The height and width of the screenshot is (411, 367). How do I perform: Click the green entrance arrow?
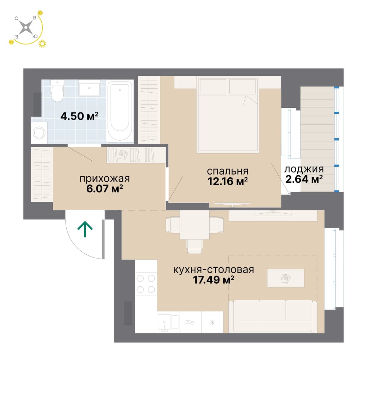85,229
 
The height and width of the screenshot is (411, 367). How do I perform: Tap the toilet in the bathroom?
57,90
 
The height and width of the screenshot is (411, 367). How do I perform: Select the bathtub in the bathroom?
120,111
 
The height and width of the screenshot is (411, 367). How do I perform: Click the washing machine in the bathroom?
39,133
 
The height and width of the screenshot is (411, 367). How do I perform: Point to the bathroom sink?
89,88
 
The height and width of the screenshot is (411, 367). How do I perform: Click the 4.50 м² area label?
80,116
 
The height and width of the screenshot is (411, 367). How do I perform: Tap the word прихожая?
105,179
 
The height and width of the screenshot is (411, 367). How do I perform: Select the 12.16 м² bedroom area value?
228,181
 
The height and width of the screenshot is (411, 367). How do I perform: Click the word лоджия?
304,169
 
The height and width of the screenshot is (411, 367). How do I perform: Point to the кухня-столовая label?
213,270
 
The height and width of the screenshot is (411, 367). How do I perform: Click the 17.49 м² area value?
213,280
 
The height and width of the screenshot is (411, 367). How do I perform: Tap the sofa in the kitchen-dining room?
273,316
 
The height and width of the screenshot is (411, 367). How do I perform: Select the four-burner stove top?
146,284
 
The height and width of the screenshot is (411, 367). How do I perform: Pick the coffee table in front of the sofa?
285,278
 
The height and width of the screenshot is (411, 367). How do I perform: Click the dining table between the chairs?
194,225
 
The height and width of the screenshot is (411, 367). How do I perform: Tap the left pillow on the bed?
213,87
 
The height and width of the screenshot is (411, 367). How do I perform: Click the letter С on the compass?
16,18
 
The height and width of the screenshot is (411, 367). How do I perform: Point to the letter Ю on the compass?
35,37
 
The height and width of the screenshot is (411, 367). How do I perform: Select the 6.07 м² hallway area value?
105,189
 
